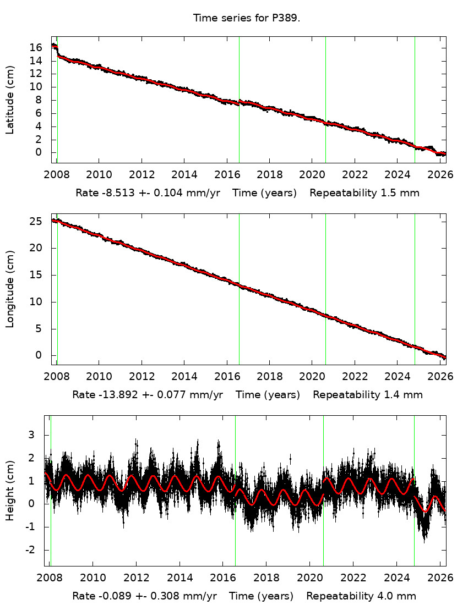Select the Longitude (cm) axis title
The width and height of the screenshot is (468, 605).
[10, 288]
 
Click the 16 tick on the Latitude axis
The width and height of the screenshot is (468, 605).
[36, 47]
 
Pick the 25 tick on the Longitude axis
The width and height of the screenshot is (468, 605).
[36, 221]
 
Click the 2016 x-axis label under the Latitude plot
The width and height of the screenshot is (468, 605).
[227, 175]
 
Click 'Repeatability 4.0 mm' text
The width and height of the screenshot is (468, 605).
[361, 596]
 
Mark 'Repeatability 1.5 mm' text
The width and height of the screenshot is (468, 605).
[364, 193]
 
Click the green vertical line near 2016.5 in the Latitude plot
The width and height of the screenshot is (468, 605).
[239, 99]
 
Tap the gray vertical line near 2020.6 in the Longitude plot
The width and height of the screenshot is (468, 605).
[325, 289]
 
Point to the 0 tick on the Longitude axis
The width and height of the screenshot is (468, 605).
[39, 355]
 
